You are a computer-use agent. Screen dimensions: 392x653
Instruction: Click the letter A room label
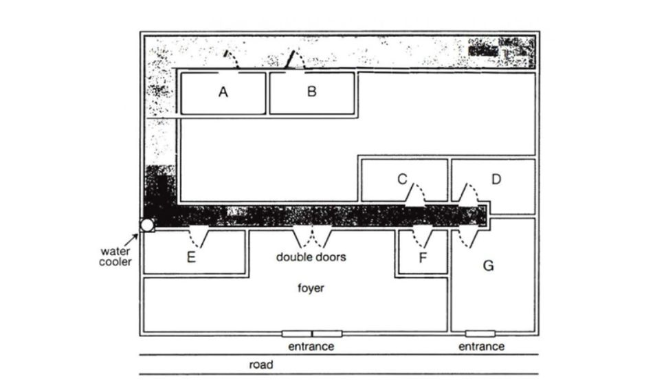(x=223, y=92)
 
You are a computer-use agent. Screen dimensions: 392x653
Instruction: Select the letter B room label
(x=311, y=91)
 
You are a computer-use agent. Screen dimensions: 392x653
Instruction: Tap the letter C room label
(x=401, y=179)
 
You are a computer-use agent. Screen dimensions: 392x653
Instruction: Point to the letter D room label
(x=496, y=179)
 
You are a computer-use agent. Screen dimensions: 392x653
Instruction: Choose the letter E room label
(x=192, y=258)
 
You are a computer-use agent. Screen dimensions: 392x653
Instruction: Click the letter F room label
(x=423, y=260)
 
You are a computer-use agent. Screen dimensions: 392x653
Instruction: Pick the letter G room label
(x=489, y=265)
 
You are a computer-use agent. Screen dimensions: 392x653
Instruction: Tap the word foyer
(x=311, y=288)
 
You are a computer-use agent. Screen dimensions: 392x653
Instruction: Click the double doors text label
(x=311, y=257)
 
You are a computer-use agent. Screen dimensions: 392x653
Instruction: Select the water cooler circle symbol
(x=147, y=225)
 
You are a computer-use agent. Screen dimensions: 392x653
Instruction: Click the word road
(x=261, y=365)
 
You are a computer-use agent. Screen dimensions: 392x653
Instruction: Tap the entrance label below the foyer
(x=311, y=347)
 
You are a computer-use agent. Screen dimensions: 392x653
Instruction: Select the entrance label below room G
(x=481, y=347)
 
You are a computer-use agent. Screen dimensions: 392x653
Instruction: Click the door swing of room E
(x=199, y=237)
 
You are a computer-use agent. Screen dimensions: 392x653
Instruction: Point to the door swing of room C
(x=416, y=195)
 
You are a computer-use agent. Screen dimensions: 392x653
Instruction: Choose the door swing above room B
(x=296, y=59)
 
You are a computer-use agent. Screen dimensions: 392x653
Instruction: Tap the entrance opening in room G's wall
(x=480, y=334)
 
